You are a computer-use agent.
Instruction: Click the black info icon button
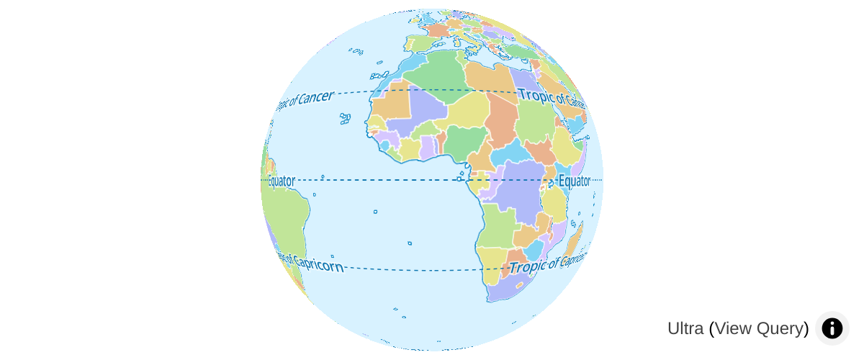pos(832,328)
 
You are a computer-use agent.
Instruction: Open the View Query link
pos(759,328)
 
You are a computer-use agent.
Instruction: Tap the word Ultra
pos(685,328)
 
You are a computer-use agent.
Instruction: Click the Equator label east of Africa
pos(574,181)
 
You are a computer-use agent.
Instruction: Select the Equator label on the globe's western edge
pos(281,181)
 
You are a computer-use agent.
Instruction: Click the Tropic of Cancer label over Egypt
pos(551,97)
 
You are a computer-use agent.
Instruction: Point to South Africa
pos(508,285)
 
